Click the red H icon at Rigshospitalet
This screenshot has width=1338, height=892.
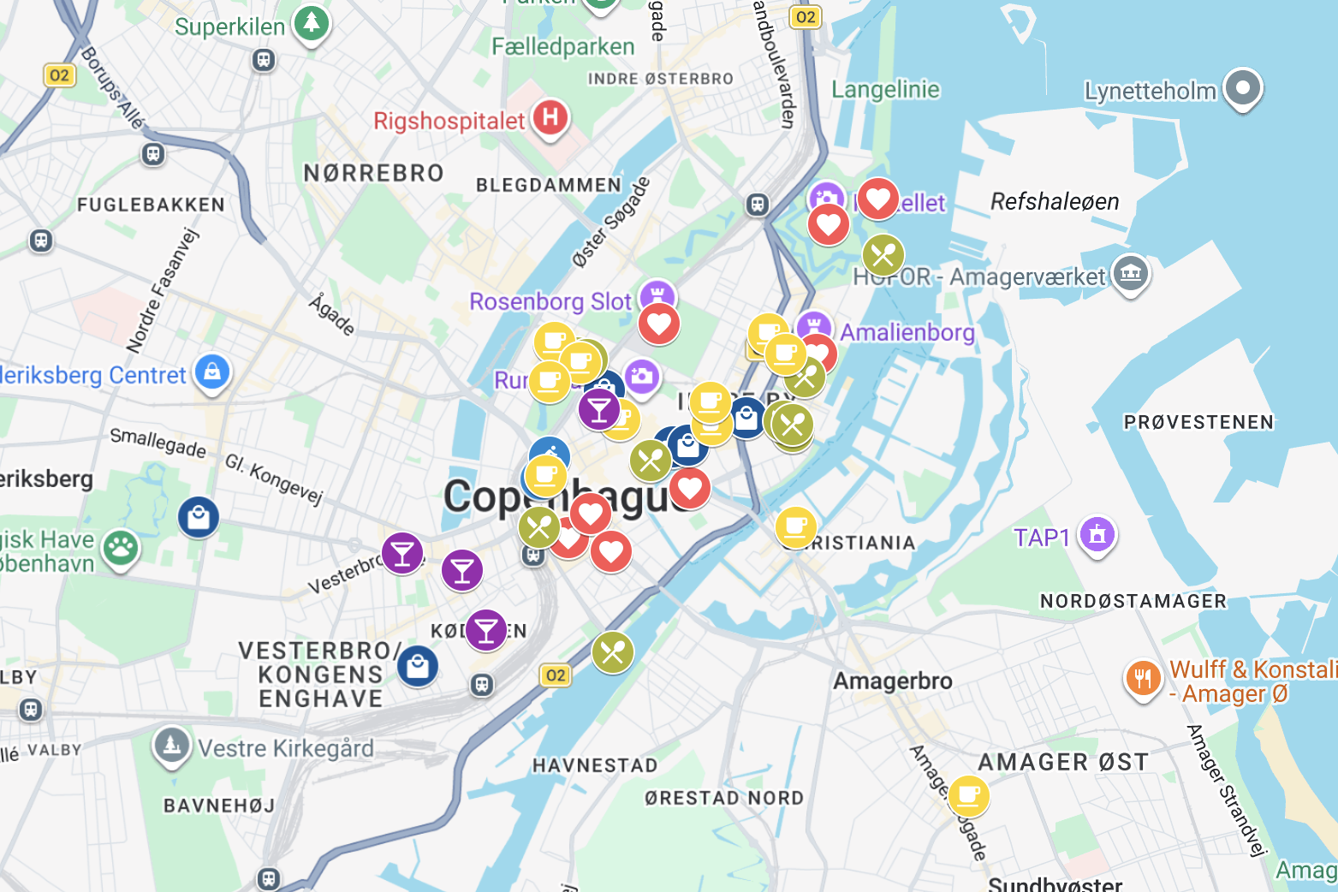point(550,117)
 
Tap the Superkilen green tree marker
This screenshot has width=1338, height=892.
point(311,23)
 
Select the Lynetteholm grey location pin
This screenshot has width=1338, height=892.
point(1243,87)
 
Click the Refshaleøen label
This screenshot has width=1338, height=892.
point(1055,202)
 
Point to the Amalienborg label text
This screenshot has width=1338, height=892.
point(907,332)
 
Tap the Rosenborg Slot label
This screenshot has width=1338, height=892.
point(550,301)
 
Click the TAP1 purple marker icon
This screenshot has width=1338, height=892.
point(1097,534)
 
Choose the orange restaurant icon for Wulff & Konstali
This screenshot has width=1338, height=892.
point(1143,679)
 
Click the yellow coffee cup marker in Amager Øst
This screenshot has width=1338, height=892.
point(968,795)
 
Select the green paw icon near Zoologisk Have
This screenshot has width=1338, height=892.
point(121,549)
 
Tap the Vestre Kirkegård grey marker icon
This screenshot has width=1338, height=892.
point(171,745)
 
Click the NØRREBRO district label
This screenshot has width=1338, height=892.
point(374,174)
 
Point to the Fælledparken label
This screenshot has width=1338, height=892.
point(562,47)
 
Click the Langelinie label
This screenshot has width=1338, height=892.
point(885,90)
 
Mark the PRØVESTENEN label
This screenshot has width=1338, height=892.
point(1198,422)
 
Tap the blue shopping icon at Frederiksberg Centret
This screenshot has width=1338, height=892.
point(212,372)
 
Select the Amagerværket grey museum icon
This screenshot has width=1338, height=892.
point(1131,274)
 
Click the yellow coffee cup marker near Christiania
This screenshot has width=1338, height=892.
point(795,526)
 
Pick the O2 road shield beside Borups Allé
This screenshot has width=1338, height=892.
point(59,75)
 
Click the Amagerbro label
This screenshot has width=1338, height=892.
point(892,681)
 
